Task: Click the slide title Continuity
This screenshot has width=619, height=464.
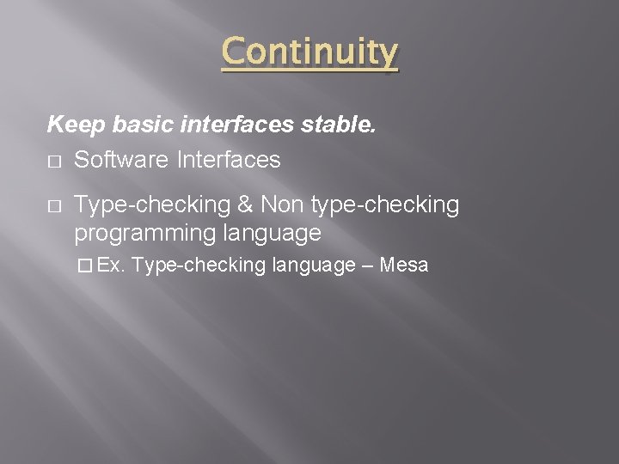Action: (x=309, y=52)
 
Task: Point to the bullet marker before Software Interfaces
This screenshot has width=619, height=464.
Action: (x=53, y=161)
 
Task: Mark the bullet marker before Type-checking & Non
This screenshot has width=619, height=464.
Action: (x=53, y=205)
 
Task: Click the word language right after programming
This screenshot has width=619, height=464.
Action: (x=271, y=233)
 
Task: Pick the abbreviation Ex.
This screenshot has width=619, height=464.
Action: (x=112, y=266)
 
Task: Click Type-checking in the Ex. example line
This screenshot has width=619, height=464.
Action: (x=199, y=266)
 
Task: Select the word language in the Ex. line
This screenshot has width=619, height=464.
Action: (x=313, y=266)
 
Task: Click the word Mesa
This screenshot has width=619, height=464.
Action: (x=403, y=266)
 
